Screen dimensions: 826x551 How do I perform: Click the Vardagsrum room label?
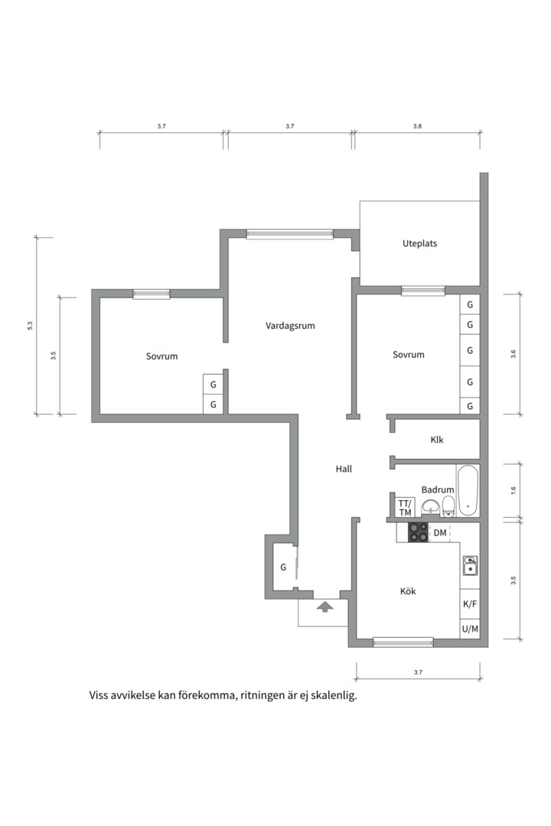[290, 325]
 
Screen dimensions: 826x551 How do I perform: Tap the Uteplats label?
[419, 243]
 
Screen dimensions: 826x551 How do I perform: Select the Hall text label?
[344, 469]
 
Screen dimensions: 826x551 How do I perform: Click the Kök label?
[408, 591]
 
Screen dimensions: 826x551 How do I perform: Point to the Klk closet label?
[437, 440]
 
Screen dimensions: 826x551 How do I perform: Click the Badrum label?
[438, 489]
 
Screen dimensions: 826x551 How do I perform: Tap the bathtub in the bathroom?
[468, 489]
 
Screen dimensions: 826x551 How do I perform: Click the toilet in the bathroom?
[448, 505]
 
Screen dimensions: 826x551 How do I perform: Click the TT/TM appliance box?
[405, 507]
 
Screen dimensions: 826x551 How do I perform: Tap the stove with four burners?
[418, 532]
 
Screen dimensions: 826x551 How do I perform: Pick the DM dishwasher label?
[440, 532]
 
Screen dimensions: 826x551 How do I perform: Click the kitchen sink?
[470, 565]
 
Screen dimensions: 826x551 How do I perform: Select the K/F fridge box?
[470, 603]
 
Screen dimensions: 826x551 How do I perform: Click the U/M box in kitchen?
[470, 629]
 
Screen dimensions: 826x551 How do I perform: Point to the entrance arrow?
[325, 606]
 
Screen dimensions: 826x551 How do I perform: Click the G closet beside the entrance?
[283, 567]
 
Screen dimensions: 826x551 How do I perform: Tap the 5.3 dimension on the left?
[30, 326]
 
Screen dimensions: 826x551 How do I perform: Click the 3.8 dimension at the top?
[417, 125]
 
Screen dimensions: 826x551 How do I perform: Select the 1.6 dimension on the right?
[514, 489]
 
